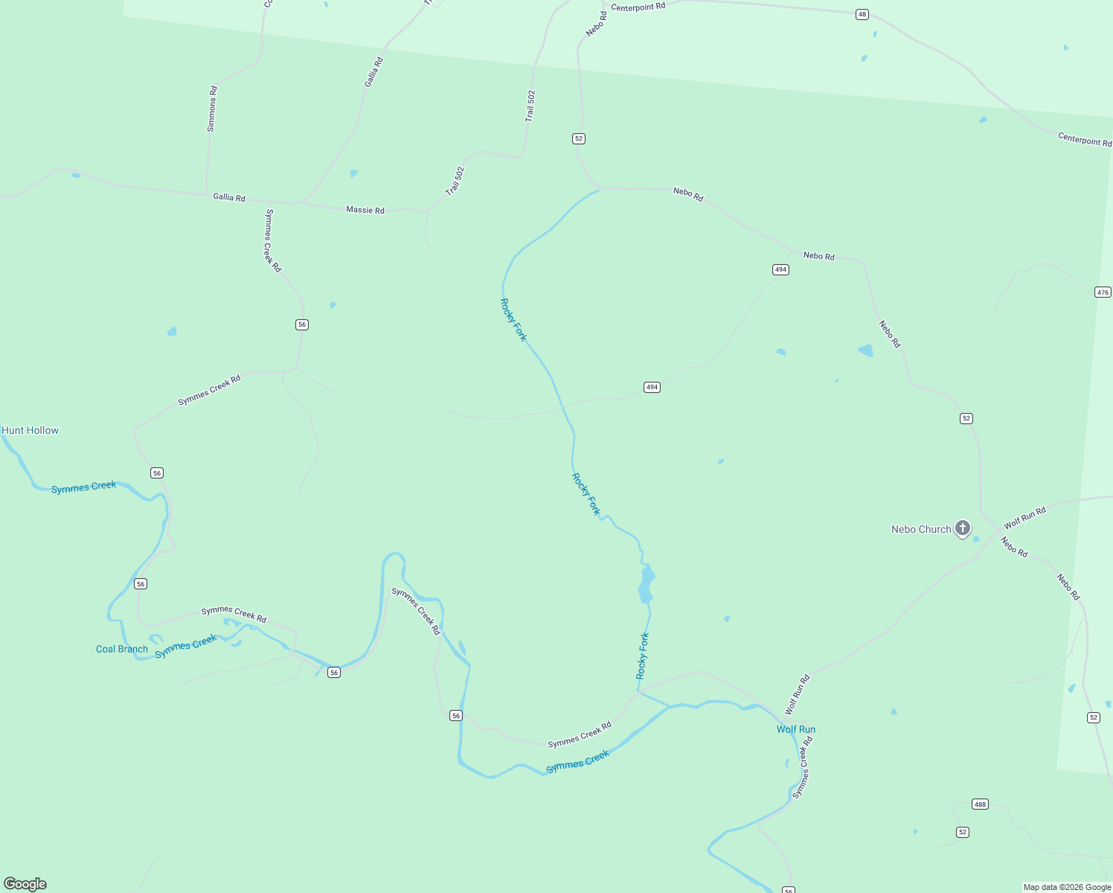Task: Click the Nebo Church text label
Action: pos(921,529)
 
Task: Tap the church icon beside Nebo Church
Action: pos(963,528)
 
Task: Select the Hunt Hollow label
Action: pos(31,430)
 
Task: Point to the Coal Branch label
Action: pos(122,649)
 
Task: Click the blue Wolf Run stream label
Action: pos(796,729)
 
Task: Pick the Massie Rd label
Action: pos(365,210)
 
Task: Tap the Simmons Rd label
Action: pos(212,109)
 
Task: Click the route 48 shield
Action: pos(862,14)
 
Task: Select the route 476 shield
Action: pos(1103,292)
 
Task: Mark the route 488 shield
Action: pos(980,804)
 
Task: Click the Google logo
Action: pos(25,884)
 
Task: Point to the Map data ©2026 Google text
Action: pos(1067,887)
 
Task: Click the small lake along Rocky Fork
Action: pos(646,583)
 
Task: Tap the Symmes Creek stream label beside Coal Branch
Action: pos(186,645)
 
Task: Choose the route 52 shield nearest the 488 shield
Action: pos(963,832)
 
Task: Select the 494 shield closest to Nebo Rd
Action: pos(780,269)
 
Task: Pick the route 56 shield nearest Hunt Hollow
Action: pos(156,473)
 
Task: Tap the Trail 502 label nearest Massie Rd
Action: pos(455,181)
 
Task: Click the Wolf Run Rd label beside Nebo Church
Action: pos(1024,517)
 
